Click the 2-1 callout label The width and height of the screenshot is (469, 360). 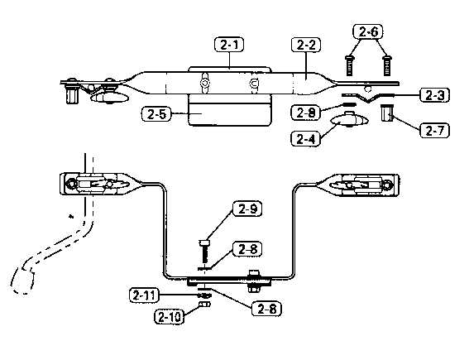tap(229, 45)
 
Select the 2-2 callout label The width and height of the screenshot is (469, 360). tap(306, 45)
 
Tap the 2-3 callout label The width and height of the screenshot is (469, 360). tap(434, 95)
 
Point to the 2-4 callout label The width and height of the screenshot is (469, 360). tap(306, 139)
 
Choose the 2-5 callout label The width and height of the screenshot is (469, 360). tap(156, 114)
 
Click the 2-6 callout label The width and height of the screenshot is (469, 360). tap(368, 31)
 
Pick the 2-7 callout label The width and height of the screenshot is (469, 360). tap(434, 131)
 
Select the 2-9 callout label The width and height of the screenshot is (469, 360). tap(247, 209)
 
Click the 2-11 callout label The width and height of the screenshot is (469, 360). tap(144, 295)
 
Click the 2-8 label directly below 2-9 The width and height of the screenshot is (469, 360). tap(247, 249)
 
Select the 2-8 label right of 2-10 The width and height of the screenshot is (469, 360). tap(266, 309)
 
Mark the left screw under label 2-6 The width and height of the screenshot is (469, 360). tap(349, 65)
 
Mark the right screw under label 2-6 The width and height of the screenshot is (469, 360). tap(387, 65)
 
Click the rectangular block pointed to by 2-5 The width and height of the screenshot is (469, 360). tap(230, 110)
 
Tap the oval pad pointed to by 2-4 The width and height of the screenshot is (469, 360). tap(349, 120)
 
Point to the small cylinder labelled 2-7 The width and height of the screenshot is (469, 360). tap(387, 113)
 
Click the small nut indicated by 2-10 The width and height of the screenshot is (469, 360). tap(204, 305)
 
